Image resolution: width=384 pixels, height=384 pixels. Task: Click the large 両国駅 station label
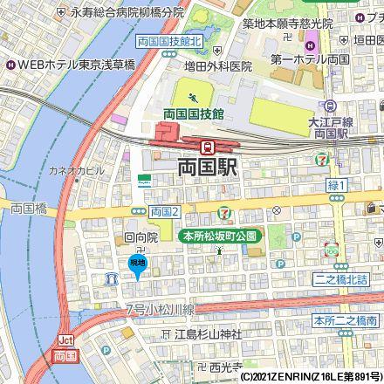pos(209,168)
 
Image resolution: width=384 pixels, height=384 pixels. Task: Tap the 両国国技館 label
pos(193,113)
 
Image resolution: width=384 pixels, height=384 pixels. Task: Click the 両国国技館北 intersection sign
pos(169,42)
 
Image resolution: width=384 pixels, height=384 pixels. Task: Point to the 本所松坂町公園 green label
pos(218,236)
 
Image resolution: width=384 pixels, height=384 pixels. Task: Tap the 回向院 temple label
pos(141,237)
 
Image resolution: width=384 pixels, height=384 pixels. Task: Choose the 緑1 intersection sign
pos(337,185)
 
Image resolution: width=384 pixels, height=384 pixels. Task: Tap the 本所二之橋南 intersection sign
pos(347,322)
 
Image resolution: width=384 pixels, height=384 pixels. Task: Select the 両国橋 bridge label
pos(28,208)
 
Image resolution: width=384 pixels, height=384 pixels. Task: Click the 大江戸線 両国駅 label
pos(329,130)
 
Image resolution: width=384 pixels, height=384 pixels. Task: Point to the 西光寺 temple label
pos(224,367)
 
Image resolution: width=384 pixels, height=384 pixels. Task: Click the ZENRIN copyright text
pos(311,377)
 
